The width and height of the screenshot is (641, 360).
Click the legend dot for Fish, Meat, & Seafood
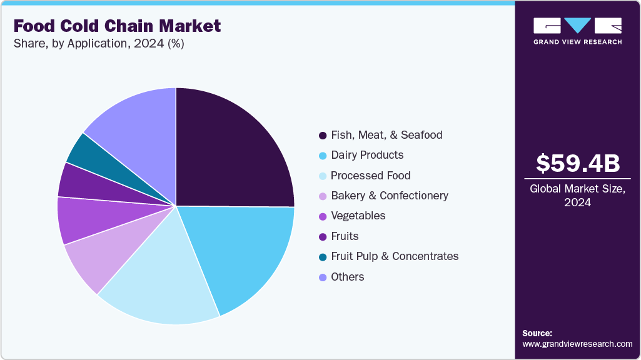tap(323, 135)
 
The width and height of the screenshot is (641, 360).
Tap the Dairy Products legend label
tap(367, 155)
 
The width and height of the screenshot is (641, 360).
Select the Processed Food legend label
tap(370, 176)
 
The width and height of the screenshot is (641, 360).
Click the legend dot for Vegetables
tap(323, 216)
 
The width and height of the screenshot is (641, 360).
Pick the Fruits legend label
tap(346, 236)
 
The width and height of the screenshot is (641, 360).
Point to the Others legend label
tap(347, 277)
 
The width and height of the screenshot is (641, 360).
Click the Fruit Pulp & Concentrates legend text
tap(395, 256)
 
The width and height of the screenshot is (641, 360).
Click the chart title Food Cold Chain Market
tap(117, 26)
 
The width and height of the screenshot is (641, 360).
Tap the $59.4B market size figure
tap(578, 163)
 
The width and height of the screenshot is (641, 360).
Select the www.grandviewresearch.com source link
tap(577, 344)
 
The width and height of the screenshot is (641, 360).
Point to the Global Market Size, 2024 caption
tap(578, 195)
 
